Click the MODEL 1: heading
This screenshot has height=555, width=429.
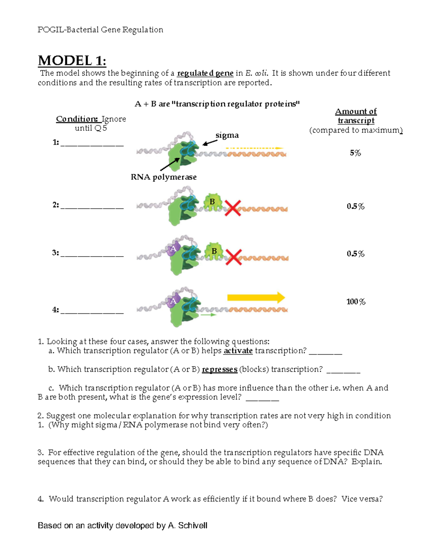coord(72,61)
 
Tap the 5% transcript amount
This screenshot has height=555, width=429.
coord(355,153)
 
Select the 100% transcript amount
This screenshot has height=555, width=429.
coord(356,302)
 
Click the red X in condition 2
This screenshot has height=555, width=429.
coord(233,208)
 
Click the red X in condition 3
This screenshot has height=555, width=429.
coord(234,257)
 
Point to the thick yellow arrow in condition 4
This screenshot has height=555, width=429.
coord(256,297)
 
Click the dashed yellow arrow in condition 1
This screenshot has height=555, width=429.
coord(255,148)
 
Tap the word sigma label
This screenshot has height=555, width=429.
coord(227,135)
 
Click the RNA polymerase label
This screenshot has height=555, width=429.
coord(163,177)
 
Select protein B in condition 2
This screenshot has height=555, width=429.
coord(213,202)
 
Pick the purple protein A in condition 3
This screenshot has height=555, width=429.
coord(173,249)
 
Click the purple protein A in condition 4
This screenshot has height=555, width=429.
coord(173,301)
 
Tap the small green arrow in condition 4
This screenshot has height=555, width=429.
coord(208,315)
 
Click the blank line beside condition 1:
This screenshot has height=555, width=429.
coord(92,145)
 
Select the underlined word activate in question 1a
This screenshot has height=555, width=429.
coord(238,351)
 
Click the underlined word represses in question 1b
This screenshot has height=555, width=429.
coord(220,370)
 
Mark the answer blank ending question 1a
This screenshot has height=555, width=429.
coord(325,353)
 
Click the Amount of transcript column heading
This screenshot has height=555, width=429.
coord(356,116)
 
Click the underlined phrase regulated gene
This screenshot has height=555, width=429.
coord(205,73)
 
